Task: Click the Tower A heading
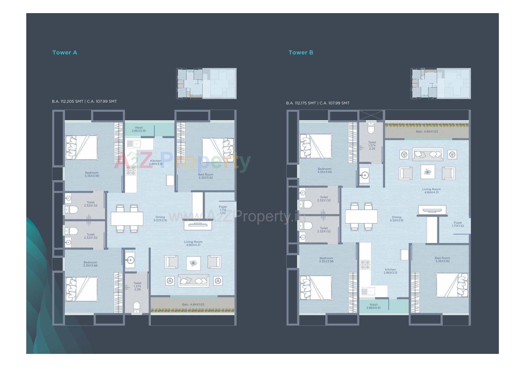(65, 52)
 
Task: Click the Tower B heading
(301, 52)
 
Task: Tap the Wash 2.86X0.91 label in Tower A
(139, 129)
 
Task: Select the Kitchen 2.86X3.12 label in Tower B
(390, 271)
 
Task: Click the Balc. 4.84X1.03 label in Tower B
(427, 131)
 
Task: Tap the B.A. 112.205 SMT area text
(68, 101)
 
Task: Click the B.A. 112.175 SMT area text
(301, 103)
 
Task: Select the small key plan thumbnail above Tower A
(206, 83)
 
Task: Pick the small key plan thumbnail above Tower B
(441, 83)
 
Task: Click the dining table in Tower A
(127, 218)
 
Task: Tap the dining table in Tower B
(361, 217)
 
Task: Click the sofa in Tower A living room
(193, 280)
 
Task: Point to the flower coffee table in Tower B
(427, 172)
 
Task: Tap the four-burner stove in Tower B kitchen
(365, 265)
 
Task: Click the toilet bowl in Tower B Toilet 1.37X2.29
(371, 128)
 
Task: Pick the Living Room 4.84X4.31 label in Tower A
(193, 243)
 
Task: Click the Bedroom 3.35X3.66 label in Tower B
(324, 170)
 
